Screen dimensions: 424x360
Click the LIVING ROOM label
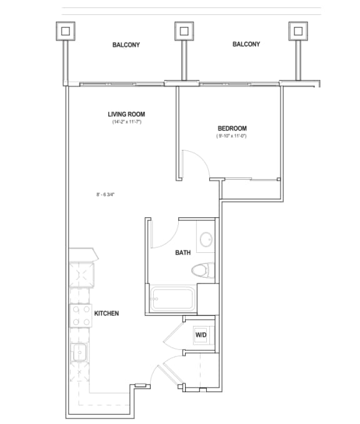coord(126,114)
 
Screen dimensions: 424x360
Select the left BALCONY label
coord(126,45)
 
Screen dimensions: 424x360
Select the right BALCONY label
coord(246,45)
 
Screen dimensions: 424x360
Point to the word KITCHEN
coord(106,313)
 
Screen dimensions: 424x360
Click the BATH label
coord(182,253)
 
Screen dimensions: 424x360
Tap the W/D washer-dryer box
coord(201,335)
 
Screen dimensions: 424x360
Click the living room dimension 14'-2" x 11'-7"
coord(126,122)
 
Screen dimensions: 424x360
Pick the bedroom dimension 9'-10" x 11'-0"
coord(232,136)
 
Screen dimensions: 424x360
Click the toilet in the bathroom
coord(202,270)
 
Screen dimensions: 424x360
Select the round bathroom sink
coord(205,240)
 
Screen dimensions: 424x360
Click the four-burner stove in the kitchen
coord(81,315)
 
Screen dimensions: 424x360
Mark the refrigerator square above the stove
coord(81,272)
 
